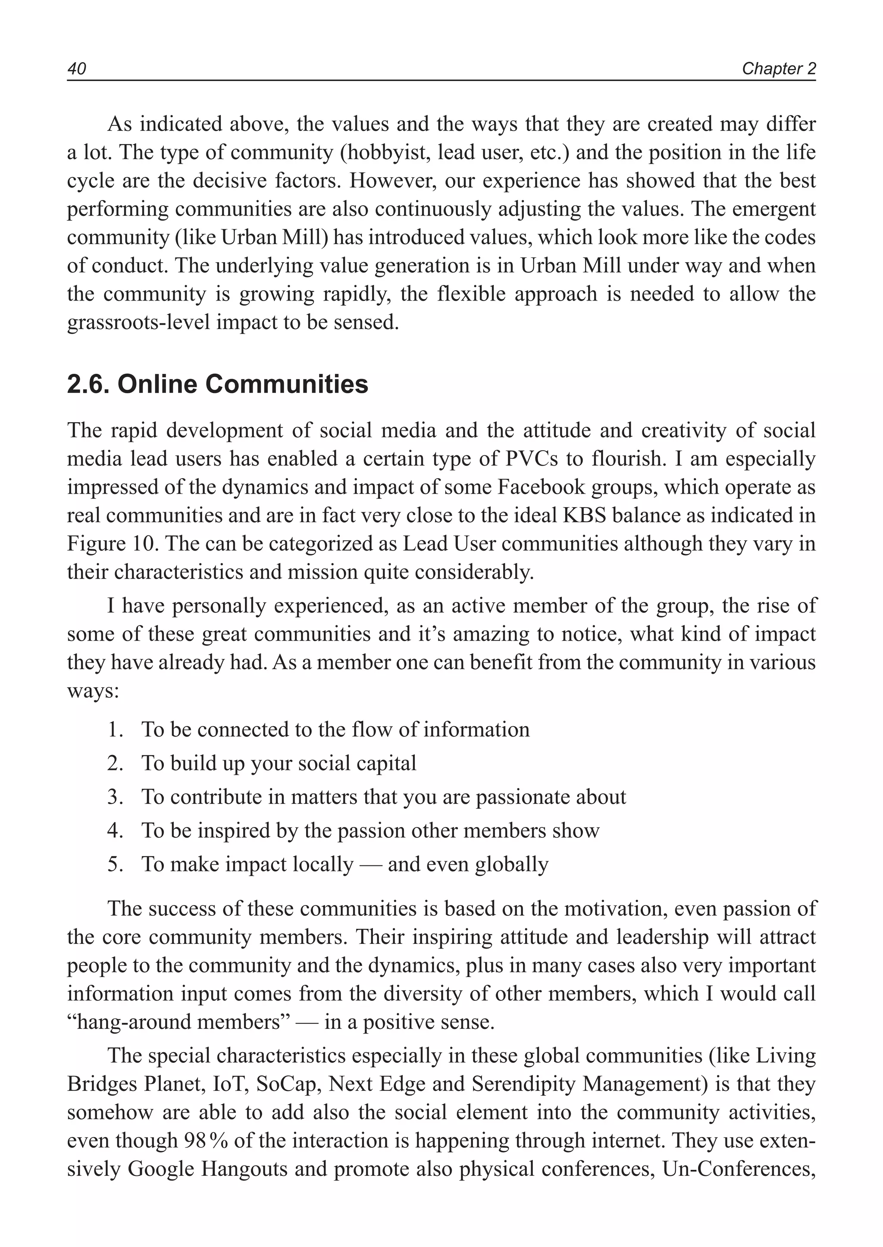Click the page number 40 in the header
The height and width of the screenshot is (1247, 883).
click(77, 69)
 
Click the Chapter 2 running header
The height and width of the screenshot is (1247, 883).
click(779, 69)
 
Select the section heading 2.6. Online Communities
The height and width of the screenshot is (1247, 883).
click(217, 385)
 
